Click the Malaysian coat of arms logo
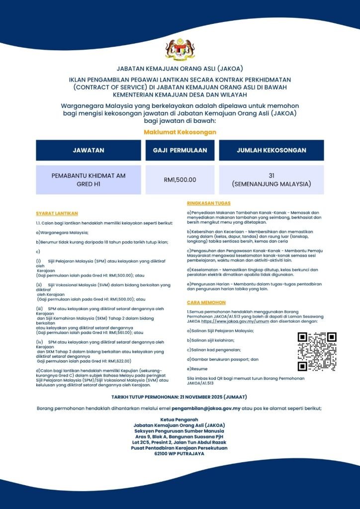click(x=180, y=50)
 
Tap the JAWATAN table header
click(x=89, y=150)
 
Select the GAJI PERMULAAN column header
click(x=180, y=150)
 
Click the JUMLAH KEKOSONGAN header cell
click(x=271, y=150)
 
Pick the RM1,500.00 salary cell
click(x=180, y=179)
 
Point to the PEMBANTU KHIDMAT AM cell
click(x=89, y=179)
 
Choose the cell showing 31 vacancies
click(x=271, y=179)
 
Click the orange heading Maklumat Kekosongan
click(x=180, y=132)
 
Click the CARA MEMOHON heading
click(x=206, y=302)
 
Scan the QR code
click(x=317, y=351)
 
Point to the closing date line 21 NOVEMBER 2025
click(x=180, y=397)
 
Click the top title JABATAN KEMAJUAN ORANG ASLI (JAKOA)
click(x=180, y=68)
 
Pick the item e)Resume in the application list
click(x=197, y=369)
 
